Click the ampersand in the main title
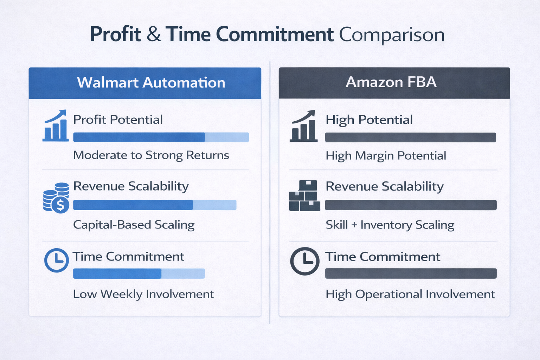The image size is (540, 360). (x=154, y=34)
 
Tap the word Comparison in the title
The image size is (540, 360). (x=392, y=34)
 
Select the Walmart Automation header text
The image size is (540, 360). (x=151, y=83)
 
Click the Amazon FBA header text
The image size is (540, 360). (x=391, y=82)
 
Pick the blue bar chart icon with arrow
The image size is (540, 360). (x=56, y=126)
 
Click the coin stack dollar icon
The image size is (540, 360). (x=56, y=198)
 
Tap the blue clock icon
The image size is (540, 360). (x=57, y=260)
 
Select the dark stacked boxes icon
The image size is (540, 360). (x=304, y=196)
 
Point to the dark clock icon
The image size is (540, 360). (x=304, y=261)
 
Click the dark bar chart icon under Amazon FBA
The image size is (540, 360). (x=304, y=126)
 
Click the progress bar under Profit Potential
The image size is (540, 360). (x=161, y=137)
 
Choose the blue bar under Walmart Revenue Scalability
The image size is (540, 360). (x=155, y=205)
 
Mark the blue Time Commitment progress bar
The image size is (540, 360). (x=139, y=274)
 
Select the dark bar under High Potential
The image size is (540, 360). (x=410, y=137)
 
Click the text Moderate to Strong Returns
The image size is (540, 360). (x=151, y=155)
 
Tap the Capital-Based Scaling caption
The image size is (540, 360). (x=134, y=225)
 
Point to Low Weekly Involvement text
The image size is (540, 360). (x=143, y=294)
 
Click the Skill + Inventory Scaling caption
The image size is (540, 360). (x=390, y=225)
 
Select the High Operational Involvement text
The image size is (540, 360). (x=410, y=294)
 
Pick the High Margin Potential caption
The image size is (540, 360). (x=386, y=155)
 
